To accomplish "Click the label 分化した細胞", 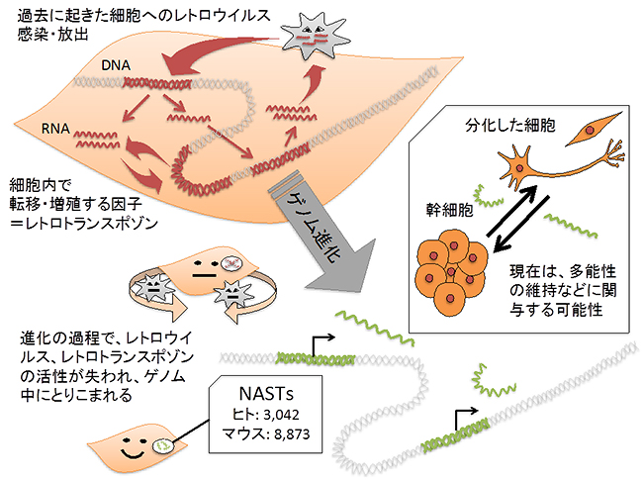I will pos(508,128).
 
